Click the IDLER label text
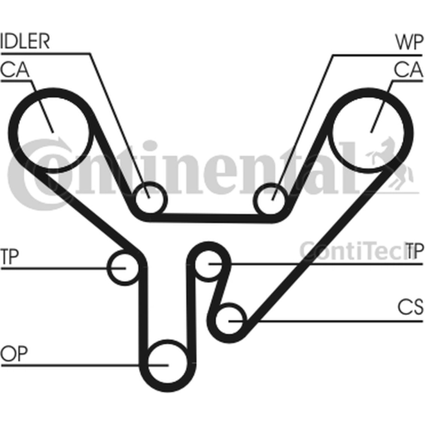[25, 41]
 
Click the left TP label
[10, 257]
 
